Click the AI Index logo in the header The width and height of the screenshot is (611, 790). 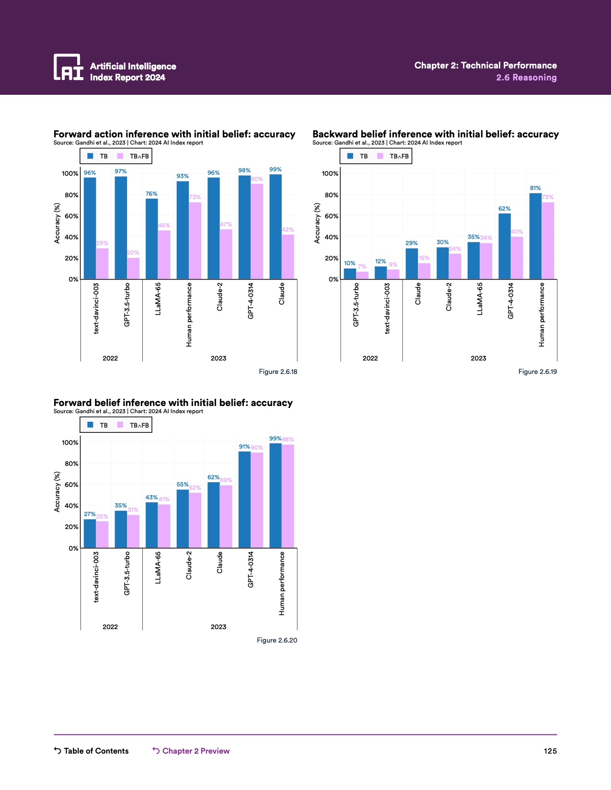click(69, 67)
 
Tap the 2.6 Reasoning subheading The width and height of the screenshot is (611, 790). click(526, 78)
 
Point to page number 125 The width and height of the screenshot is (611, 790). click(550, 751)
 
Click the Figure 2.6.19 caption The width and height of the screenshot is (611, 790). click(537, 372)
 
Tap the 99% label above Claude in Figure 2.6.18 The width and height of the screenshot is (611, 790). click(275, 169)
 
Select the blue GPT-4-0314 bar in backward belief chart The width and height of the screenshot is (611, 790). click(505, 246)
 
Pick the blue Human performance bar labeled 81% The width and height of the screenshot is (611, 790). click(535, 236)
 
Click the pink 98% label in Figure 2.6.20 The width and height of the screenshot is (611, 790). click(288, 440)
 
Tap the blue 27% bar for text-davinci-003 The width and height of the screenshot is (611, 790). click(90, 533)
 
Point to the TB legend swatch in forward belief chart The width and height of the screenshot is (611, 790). click(91, 425)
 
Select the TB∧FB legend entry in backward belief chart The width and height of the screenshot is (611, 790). click(393, 156)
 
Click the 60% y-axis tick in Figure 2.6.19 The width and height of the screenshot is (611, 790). click(331, 216)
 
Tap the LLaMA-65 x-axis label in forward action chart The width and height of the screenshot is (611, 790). click(158, 299)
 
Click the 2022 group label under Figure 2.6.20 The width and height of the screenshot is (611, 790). click(110, 627)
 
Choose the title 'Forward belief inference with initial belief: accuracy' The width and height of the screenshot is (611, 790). click(173, 403)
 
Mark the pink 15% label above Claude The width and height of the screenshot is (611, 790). click(424, 258)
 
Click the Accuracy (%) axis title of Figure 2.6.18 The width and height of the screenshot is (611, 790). click(57, 223)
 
